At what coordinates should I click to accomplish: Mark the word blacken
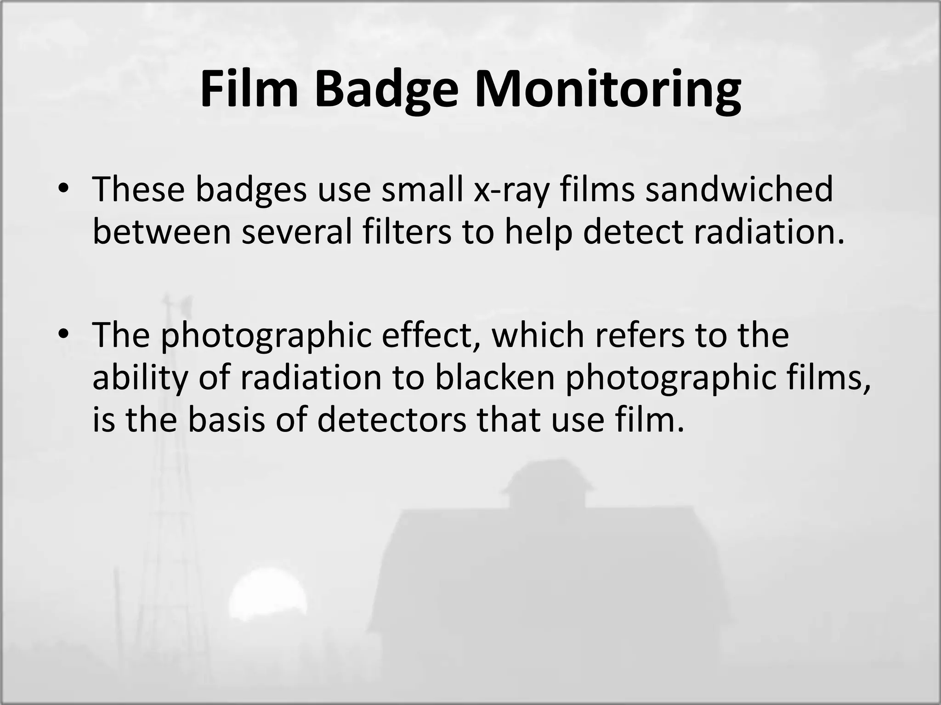494,377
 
